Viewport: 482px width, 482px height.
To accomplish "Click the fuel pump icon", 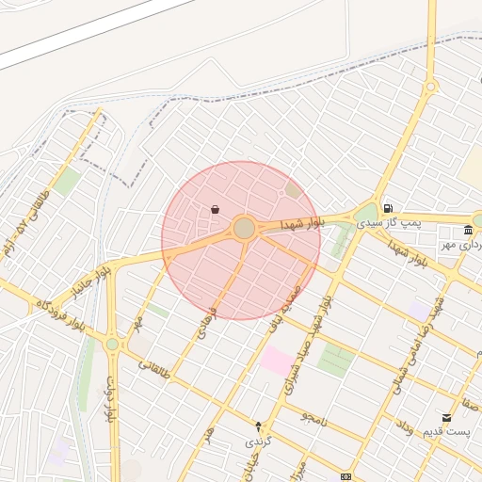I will click(387, 209).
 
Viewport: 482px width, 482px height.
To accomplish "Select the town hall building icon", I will click(468, 231).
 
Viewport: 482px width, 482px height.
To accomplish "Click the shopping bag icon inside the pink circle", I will click(216, 209).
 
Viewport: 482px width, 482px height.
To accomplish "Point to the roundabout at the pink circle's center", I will click(245, 228).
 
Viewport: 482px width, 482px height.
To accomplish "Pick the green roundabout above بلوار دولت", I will click(112, 345).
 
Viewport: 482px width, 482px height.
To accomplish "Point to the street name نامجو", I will click(313, 416).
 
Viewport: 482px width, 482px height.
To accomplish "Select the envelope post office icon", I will click(445, 417).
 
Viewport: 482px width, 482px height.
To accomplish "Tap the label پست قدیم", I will click(444, 431).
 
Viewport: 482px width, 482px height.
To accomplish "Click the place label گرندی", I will click(258, 440).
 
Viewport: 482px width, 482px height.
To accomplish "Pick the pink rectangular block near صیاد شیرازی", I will click(277, 359).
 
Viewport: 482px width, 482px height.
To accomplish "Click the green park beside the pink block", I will click(334, 360).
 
